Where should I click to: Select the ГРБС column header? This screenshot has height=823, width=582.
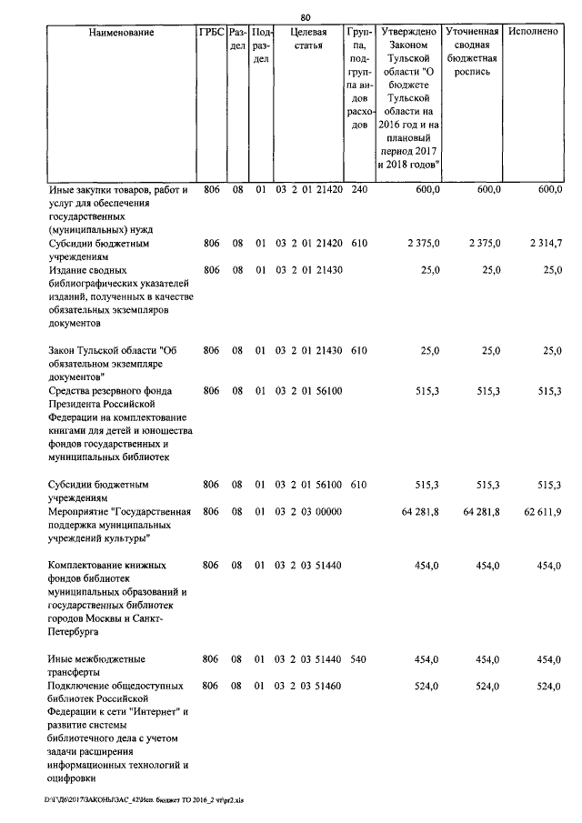[x=211, y=33]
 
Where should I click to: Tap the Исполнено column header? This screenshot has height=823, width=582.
[x=534, y=33]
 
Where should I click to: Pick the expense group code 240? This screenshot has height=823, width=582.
[x=358, y=189]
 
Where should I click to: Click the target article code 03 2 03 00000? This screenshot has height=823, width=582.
[x=308, y=512]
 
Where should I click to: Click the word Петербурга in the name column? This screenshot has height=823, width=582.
[x=77, y=629]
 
